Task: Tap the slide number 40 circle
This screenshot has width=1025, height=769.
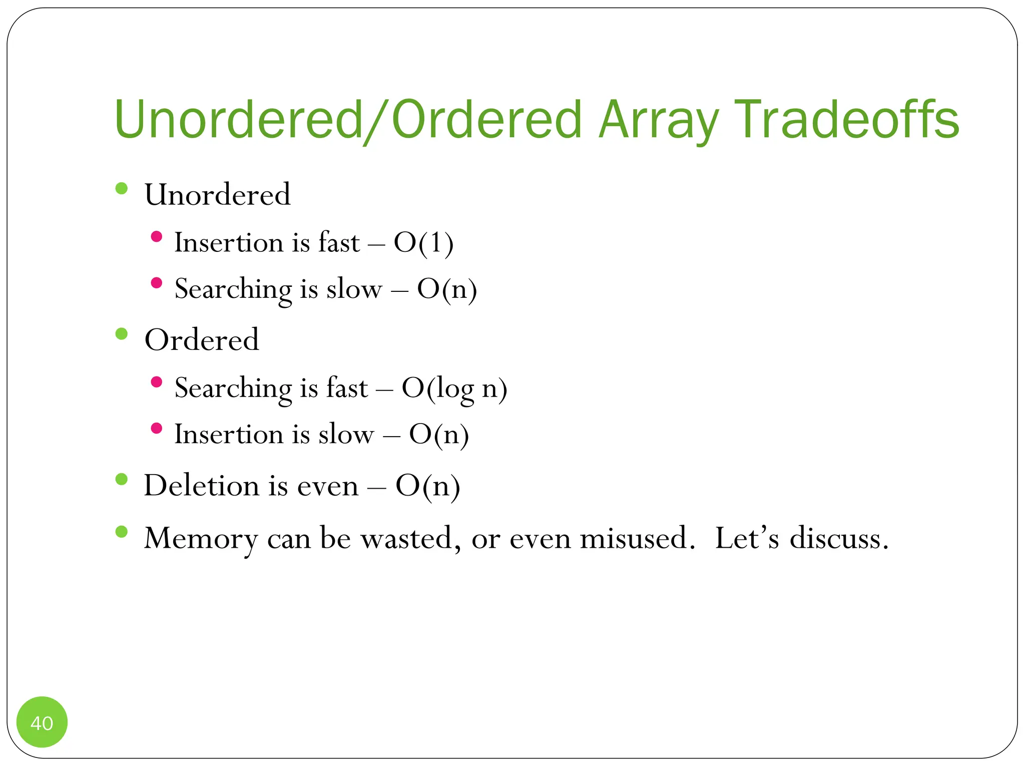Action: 42,722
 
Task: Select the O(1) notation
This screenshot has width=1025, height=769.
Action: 423,243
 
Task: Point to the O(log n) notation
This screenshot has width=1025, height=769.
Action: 454,389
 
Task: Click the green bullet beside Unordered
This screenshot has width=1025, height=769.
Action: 122,188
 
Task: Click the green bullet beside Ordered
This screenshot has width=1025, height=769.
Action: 122,334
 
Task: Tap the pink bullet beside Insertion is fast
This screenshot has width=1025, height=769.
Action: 157,236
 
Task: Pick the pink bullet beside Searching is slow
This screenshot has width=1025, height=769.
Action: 157,283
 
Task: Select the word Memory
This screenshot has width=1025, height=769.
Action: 201,539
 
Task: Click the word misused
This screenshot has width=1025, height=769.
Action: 634,538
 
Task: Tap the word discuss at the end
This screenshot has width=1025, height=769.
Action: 839,538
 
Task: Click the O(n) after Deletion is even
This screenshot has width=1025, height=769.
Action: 427,486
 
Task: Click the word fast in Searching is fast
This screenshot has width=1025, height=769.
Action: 347,388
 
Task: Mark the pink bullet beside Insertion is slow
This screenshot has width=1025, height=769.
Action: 157,428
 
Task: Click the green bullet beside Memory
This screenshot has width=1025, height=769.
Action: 122,532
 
